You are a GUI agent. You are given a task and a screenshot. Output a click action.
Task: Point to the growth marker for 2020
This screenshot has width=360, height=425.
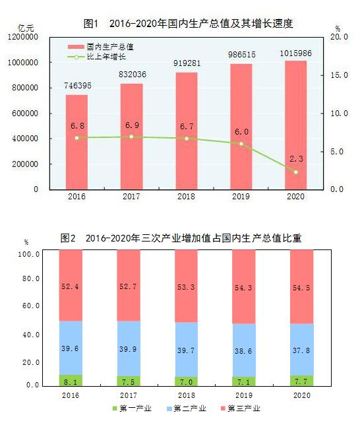click(x=296, y=172)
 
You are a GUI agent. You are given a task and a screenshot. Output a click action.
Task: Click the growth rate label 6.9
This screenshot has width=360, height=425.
click(x=132, y=125)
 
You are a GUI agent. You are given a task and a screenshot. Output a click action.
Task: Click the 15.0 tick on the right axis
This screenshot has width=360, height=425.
click(x=339, y=75)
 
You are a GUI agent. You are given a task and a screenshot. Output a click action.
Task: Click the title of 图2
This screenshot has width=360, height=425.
click(x=180, y=238)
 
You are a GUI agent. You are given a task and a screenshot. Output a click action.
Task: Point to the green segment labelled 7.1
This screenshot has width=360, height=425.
click(x=244, y=381)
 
